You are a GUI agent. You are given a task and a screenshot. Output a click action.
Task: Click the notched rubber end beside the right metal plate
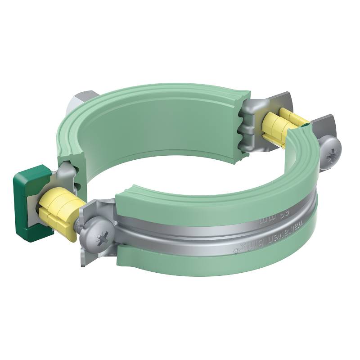243,126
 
